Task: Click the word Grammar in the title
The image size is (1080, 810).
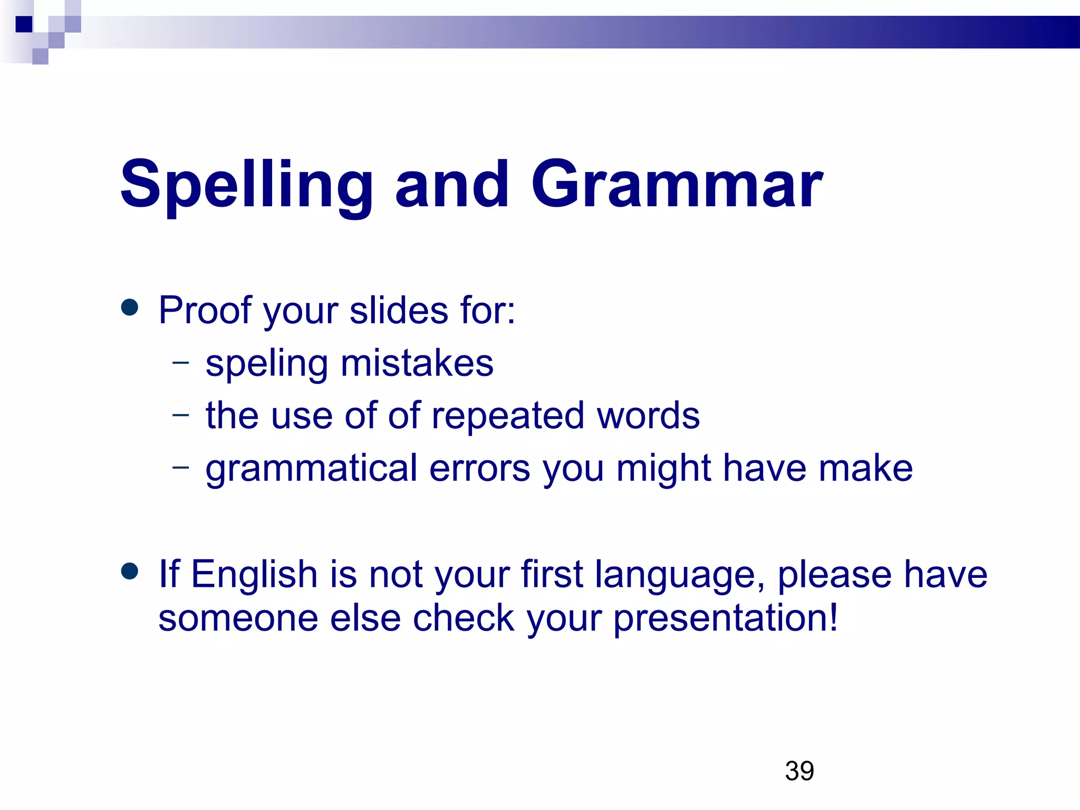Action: (677, 185)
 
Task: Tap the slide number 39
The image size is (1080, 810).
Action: (799, 771)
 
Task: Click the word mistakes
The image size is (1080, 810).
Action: (417, 363)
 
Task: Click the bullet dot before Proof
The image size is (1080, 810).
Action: (129, 307)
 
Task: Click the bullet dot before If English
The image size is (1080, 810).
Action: (129, 571)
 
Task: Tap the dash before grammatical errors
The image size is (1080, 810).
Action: (180, 466)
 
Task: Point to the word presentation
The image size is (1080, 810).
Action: (725, 619)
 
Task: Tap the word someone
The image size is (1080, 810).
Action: (238, 618)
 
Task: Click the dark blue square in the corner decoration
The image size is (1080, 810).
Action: (24, 24)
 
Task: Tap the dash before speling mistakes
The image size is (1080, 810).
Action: (180, 362)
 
